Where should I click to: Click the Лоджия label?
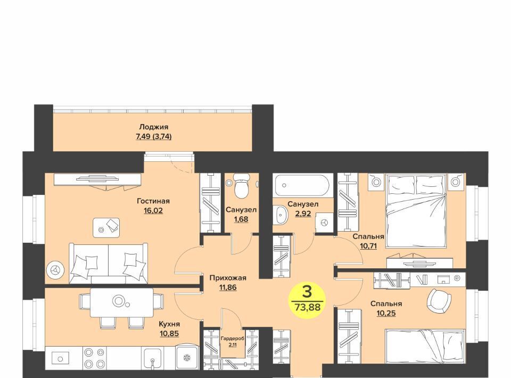(153, 127)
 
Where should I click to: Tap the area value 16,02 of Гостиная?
(153, 210)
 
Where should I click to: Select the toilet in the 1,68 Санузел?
(242, 186)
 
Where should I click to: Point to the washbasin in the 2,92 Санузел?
(281, 215)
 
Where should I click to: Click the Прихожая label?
(228, 278)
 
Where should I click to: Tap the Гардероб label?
(233, 339)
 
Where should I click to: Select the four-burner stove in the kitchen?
(95, 358)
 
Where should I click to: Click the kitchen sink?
(152, 358)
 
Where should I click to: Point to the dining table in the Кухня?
(122, 302)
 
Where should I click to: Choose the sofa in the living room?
(108, 264)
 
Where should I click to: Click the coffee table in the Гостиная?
(106, 227)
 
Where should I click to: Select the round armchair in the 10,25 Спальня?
(439, 299)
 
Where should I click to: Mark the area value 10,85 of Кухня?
(169, 333)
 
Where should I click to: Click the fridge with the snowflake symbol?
(187, 358)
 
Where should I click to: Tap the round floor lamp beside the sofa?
(55, 270)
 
